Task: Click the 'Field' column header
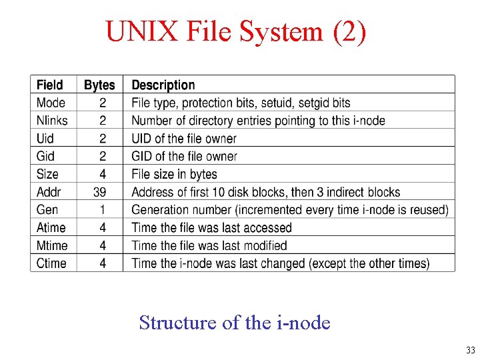pos(50,85)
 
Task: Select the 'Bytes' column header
pos(99,85)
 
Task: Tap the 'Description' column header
pos(163,85)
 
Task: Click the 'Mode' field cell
pos(51,103)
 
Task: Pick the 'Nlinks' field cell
pos(52,121)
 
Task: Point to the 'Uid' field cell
pos(45,139)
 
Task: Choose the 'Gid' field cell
pos(45,156)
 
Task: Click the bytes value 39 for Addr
pos(100,192)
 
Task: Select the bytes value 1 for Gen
pos(102,209)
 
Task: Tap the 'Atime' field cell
pos(51,227)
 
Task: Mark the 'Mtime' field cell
pos(52,245)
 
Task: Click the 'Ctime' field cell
pos(51,263)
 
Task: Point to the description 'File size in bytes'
pos(175,174)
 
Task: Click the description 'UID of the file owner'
pos(184,139)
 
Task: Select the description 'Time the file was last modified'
pos(209,245)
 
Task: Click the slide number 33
pos(471,351)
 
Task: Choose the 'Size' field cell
pos(47,174)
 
